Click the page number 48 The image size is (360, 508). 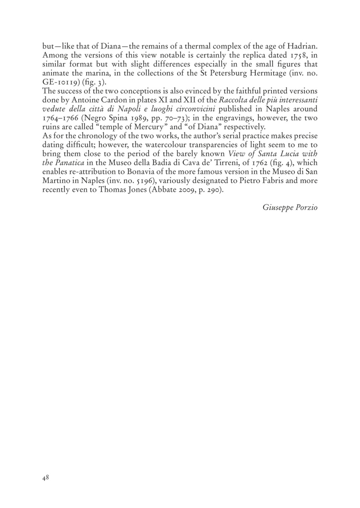(x=45, y=477)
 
